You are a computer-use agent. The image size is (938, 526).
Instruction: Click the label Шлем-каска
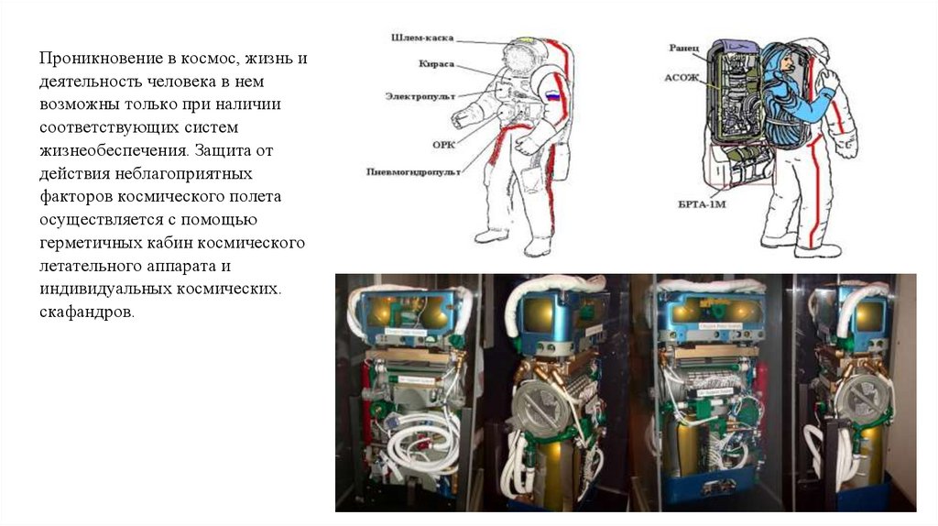pyautogui.click(x=417, y=38)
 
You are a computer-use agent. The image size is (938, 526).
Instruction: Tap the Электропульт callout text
pyautogui.click(x=418, y=95)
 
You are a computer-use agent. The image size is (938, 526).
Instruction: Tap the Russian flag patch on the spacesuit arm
pyautogui.click(x=551, y=94)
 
